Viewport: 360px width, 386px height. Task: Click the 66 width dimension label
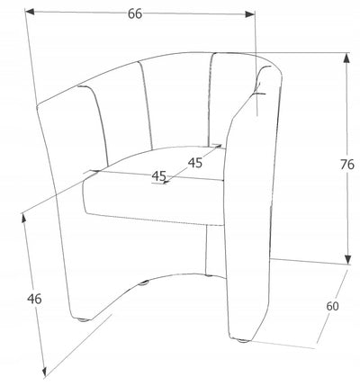coord(135,13)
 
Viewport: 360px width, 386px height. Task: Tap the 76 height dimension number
coord(347,165)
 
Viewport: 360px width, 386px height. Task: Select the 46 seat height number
coord(34,299)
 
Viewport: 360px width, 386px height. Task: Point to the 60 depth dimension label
coord(332,306)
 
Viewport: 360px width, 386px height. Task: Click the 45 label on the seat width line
coord(159,175)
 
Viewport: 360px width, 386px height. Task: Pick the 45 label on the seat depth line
coord(195,163)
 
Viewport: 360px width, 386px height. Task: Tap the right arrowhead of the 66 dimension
coord(250,14)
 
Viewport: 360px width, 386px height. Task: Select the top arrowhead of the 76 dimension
coord(346,58)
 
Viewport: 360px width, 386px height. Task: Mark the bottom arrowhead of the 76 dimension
coord(347,260)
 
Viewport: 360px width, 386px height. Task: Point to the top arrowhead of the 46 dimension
coord(23,219)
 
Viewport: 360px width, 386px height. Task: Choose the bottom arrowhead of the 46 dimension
coord(45,371)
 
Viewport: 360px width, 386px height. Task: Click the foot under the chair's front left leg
coord(84,319)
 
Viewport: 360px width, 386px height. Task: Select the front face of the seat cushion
coord(153,200)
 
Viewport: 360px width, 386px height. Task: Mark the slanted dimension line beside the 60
coord(332,306)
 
